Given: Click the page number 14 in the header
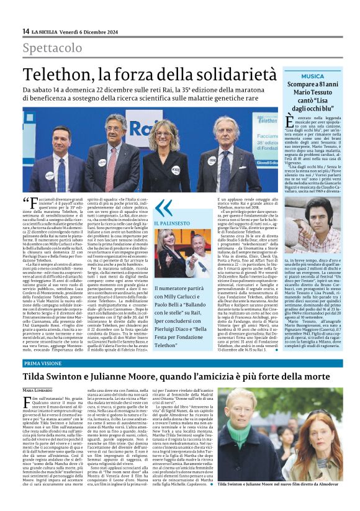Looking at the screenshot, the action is [25, 31].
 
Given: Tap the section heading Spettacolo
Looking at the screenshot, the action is [52, 48].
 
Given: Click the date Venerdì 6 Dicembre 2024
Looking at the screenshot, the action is [94, 31].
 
